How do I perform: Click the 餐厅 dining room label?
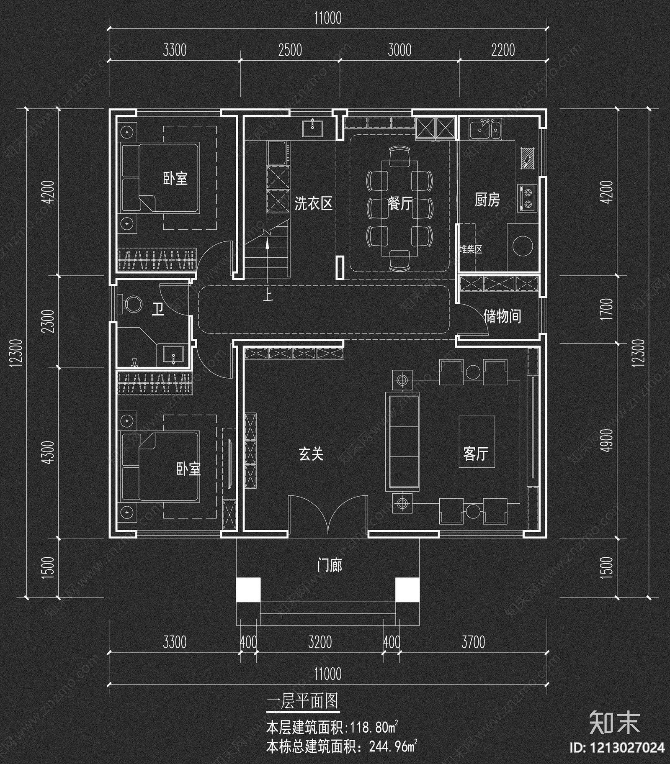coord(400,204)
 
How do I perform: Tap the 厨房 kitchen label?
coord(487,200)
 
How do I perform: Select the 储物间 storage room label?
coord(502,316)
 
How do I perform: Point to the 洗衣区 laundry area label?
coord(313,204)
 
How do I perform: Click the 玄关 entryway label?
coord(311,454)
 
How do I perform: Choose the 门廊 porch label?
coord(330,566)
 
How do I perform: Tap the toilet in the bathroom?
coord(131,304)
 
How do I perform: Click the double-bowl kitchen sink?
coord(485,128)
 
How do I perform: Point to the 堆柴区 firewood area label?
coord(471,250)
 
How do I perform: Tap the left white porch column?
coord(248,590)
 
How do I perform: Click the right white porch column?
coord(407,590)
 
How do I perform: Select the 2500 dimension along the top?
coord(290,51)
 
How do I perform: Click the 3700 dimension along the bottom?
coord(473,642)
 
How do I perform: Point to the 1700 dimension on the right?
coord(606,309)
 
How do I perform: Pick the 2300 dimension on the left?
coord(49,321)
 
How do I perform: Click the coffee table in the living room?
coord(477,441)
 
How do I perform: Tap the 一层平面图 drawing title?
coord(303,701)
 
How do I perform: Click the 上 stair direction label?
coord(268,296)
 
